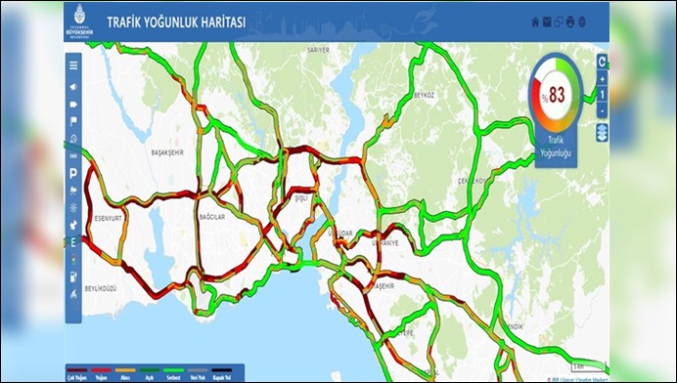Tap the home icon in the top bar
tap(534, 21)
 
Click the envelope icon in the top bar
tap(547, 21)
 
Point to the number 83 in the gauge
tap(557, 94)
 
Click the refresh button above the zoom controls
tap(603, 62)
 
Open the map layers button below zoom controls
tap(603, 132)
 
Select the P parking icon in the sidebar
tap(73, 172)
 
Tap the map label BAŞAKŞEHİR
tap(173, 153)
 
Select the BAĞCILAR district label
tap(211, 215)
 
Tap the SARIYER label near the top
tap(318, 48)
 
